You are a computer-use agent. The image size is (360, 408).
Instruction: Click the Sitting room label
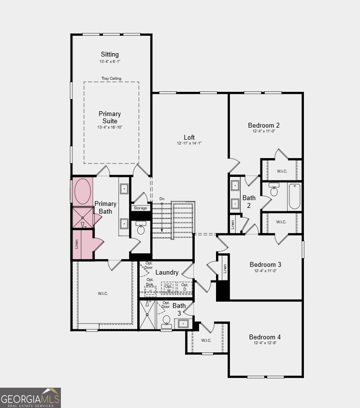110,55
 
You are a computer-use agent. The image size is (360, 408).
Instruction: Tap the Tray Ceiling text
111,78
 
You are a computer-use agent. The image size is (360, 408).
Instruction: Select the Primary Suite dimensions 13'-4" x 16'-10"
110,128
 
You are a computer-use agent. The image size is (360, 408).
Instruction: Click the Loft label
189,137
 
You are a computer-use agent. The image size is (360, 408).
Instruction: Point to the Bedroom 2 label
264,125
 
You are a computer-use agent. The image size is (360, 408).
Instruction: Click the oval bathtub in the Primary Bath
82,190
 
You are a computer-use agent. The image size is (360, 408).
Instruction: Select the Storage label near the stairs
141,208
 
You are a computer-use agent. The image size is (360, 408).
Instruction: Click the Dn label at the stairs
162,199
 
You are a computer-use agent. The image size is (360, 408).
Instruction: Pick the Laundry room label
167,273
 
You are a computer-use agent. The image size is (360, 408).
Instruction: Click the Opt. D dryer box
185,287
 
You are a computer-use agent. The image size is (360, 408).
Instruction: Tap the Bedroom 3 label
265,264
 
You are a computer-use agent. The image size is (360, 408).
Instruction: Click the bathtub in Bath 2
294,196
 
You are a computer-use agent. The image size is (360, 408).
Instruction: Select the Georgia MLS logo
30,398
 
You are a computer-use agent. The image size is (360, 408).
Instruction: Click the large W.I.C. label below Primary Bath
103,293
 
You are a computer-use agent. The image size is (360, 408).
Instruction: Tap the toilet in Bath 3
167,321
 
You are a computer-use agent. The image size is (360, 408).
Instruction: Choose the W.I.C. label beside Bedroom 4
206,340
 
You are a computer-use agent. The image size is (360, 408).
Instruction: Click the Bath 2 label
249,202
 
